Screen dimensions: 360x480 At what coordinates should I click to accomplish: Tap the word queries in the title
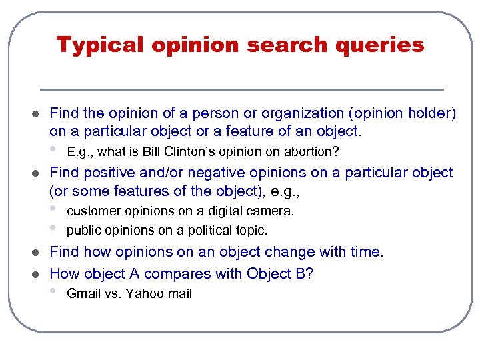[385, 45]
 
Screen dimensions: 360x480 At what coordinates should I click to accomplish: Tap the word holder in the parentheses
[427, 114]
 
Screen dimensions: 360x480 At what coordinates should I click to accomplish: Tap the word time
[365, 252]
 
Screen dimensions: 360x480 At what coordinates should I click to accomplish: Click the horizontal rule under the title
[241, 89]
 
